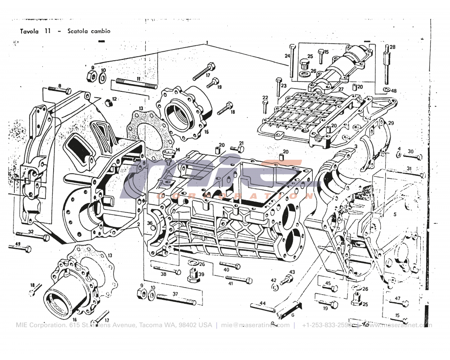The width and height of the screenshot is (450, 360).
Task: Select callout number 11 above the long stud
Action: [138, 78]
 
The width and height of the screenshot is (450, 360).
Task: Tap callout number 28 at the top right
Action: [392, 47]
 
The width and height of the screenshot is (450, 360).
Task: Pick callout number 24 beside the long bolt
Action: [287, 56]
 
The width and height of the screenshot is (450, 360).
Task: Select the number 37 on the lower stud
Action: [175, 294]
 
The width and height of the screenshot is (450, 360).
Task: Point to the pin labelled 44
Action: [263, 308]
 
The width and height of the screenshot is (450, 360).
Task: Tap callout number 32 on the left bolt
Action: [31, 232]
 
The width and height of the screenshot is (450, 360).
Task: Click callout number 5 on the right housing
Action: [395, 214]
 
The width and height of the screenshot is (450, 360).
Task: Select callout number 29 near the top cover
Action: [391, 123]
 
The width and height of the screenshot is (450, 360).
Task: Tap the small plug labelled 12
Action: [108, 103]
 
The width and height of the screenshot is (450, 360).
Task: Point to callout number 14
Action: [178, 149]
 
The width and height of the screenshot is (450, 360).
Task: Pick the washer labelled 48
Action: [387, 90]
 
